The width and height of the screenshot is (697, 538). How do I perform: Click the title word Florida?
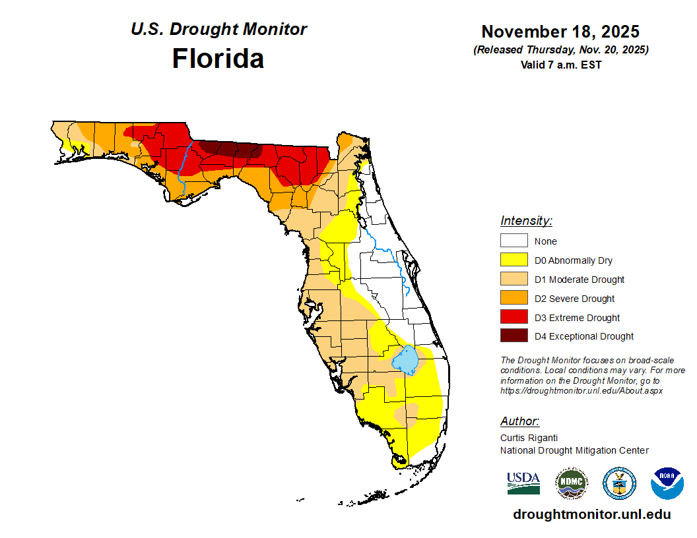(x=218, y=59)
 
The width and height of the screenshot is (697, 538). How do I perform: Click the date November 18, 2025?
(x=560, y=32)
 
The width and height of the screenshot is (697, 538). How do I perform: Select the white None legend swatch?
(x=514, y=241)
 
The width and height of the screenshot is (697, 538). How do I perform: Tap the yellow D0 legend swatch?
(x=514, y=260)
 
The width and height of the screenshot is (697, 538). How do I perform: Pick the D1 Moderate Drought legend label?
(x=580, y=280)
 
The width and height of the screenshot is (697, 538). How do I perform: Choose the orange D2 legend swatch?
(x=514, y=299)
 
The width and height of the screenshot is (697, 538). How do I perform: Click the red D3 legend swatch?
(x=514, y=317)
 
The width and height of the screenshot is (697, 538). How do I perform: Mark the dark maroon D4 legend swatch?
(x=514, y=336)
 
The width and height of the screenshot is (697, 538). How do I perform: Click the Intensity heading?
(x=526, y=221)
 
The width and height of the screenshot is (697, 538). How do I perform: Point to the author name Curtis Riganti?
(x=529, y=438)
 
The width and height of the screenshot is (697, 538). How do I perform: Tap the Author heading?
(x=519, y=421)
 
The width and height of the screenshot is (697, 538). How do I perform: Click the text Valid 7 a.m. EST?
(x=560, y=65)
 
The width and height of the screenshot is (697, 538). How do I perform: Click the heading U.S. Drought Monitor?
(x=218, y=30)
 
